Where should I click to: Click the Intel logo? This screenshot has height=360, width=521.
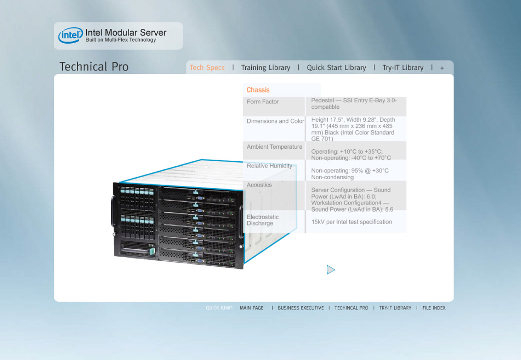[x=70, y=35]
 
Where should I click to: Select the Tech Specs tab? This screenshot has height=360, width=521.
[x=207, y=68]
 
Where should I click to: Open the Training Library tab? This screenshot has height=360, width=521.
[x=266, y=68]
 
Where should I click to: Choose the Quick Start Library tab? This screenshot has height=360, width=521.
[x=336, y=68]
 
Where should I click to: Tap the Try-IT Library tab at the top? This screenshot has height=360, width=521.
[x=403, y=68]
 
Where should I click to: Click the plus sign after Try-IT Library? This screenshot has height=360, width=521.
[x=442, y=68]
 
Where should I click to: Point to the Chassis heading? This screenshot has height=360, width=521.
[x=258, y=90]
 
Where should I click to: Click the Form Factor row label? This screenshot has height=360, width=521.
[x=262, y=101]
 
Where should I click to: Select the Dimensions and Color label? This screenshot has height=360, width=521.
[x=275, y=121]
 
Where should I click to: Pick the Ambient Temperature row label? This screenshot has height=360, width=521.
[x=274, y=147]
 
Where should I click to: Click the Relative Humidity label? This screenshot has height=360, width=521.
[x=270, y=166]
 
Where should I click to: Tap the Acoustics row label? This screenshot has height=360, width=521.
[x=259, y=185]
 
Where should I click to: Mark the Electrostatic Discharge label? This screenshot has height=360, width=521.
[x=262, y=220]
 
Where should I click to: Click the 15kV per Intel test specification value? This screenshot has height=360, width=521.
[x=351, y=222]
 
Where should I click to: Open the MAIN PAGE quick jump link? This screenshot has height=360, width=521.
[x=251, y=308]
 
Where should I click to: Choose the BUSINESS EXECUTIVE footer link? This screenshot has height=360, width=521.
[x=301, y=308]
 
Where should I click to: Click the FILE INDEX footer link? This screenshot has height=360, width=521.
[x=434, y=308]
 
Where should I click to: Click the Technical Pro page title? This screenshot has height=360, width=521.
[x=94, y=67]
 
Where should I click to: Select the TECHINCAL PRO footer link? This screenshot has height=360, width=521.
[x=351, y=308]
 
